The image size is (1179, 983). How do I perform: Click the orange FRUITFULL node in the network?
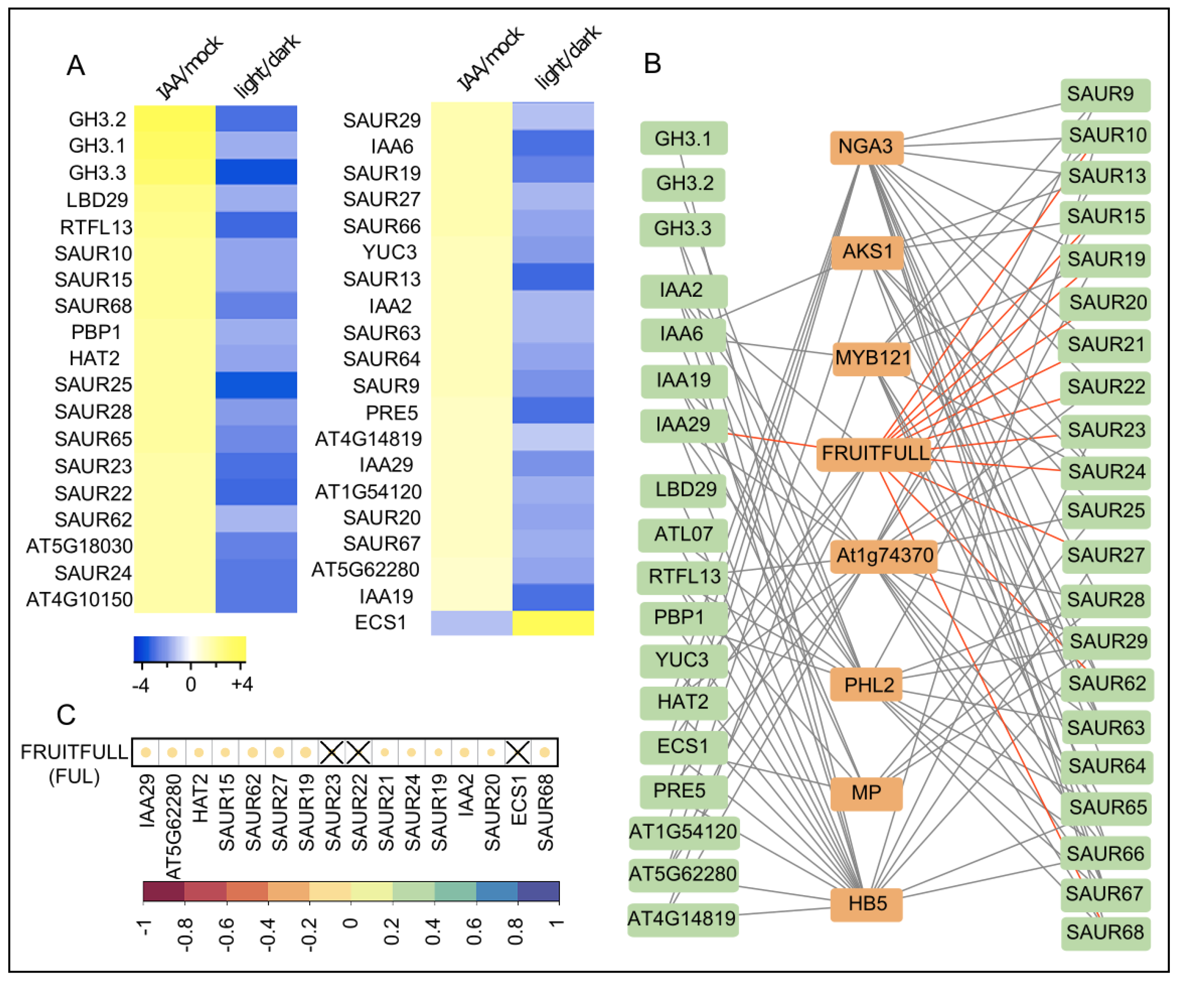[875, 453]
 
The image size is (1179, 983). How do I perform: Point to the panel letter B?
[652, 63]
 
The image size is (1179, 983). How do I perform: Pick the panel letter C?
[66, 715]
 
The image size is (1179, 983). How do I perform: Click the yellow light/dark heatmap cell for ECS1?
[553, 623]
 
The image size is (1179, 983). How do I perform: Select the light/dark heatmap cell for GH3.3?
[256, 172]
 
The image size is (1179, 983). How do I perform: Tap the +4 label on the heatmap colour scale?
[242, 684]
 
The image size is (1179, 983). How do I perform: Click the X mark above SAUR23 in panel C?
[332, 752]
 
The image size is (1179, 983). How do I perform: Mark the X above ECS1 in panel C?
[518, 752]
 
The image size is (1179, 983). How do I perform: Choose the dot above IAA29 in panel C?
[146, 752]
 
